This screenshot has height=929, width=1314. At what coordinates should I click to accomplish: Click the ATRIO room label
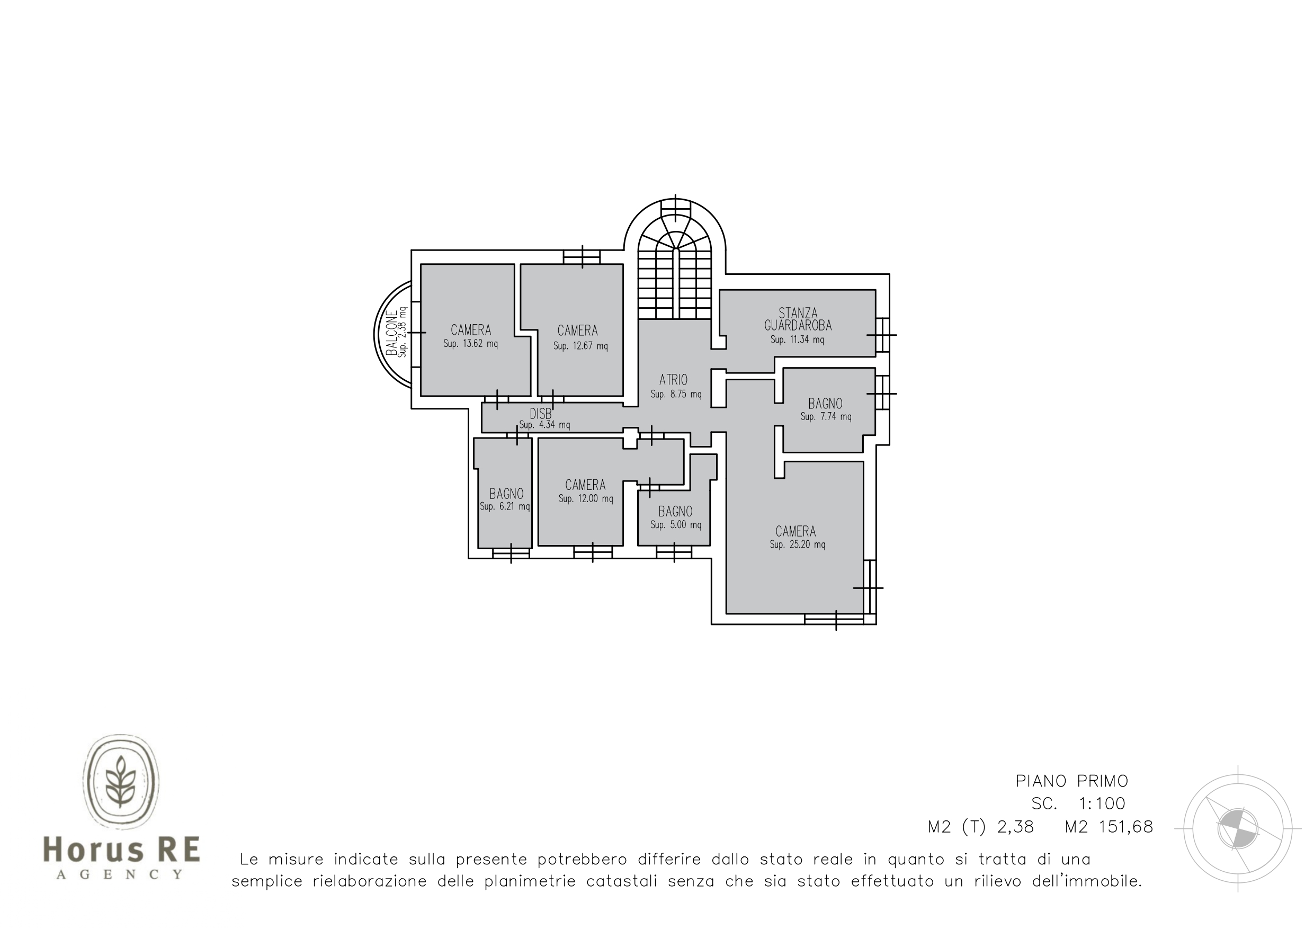[x=673, y=380]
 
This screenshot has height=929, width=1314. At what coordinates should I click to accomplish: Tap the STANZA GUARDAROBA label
[x=798, y=319]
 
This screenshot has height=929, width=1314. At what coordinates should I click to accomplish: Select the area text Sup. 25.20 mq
[x=797, y=544]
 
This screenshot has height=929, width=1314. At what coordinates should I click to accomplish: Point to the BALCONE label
[x=391, y=334]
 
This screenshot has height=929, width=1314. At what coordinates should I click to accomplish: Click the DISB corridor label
[x=541, y=413]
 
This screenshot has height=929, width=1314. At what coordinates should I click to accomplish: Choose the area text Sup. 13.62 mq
[x=470, y=344]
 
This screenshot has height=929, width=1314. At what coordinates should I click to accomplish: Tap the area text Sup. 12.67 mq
[x=580, y=346]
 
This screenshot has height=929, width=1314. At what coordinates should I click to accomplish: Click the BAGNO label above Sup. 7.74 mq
[x=825, y=404]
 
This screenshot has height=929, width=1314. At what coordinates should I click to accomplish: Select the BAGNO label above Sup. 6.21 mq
[x=506, y=494]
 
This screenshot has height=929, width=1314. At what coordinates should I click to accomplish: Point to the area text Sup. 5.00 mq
[x=675, y=525]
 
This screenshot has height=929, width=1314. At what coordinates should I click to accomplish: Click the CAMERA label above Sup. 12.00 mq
[x=585, y=485]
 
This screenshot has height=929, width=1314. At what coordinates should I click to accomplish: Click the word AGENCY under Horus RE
[x=120, y=874]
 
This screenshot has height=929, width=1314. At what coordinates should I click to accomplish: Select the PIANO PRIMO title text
[x=1072, y=781]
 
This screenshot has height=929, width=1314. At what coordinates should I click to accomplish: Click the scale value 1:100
[x=1102, y=803]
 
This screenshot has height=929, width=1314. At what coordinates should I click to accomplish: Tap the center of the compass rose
[x=1238, y=828]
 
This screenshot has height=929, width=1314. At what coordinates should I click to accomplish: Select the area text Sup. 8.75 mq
[x=676, y=395]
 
